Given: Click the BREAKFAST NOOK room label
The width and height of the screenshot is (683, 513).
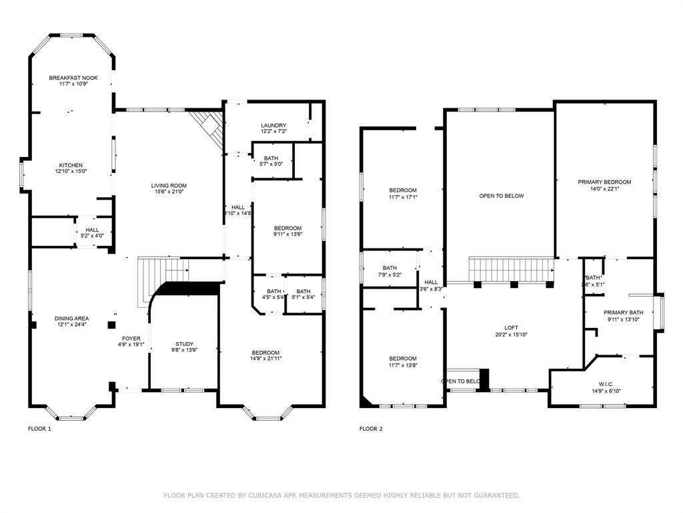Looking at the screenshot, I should click(x=73, y=78).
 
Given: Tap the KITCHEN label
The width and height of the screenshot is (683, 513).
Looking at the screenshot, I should click(x=71, y=165).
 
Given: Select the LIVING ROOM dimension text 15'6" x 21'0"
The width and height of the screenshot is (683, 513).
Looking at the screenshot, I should click(x=168, y=192).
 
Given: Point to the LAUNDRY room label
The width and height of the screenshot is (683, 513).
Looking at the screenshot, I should click(x=273, y=125).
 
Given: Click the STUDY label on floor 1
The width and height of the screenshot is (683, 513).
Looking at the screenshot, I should click(x=184, y=344).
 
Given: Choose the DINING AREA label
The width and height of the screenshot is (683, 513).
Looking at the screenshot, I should click(x=71, y=319).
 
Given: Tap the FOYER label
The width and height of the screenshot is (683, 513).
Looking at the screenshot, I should click(x=131, y=339).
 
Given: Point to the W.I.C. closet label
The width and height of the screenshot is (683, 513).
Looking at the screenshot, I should click(x=606, y=384).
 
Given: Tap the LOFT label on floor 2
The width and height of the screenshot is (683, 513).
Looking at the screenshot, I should click(x=511, y=327).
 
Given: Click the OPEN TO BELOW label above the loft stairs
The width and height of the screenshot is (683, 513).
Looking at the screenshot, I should click(x=502, y=196).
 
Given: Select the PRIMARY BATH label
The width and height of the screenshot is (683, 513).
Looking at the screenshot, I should click(x=623, y=313).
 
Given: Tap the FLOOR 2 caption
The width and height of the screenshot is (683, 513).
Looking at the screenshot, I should click(x=371, y=429).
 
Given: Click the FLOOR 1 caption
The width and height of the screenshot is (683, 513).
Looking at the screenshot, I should click(x=39, y=429).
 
